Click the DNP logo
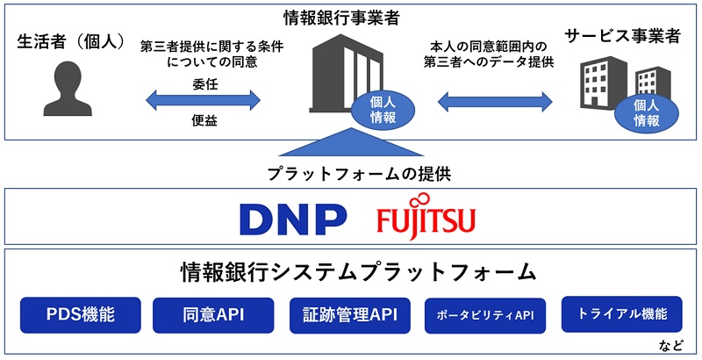pos(290,218)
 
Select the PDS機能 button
pos(80,314)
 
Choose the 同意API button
pos(214,314)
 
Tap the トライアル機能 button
pos(620,313)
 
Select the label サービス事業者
pos(622,38)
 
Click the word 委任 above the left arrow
pos(204,84)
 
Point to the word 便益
pos(204,120)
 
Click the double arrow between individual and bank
pos(204,102)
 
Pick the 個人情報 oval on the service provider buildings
pos(647,112)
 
